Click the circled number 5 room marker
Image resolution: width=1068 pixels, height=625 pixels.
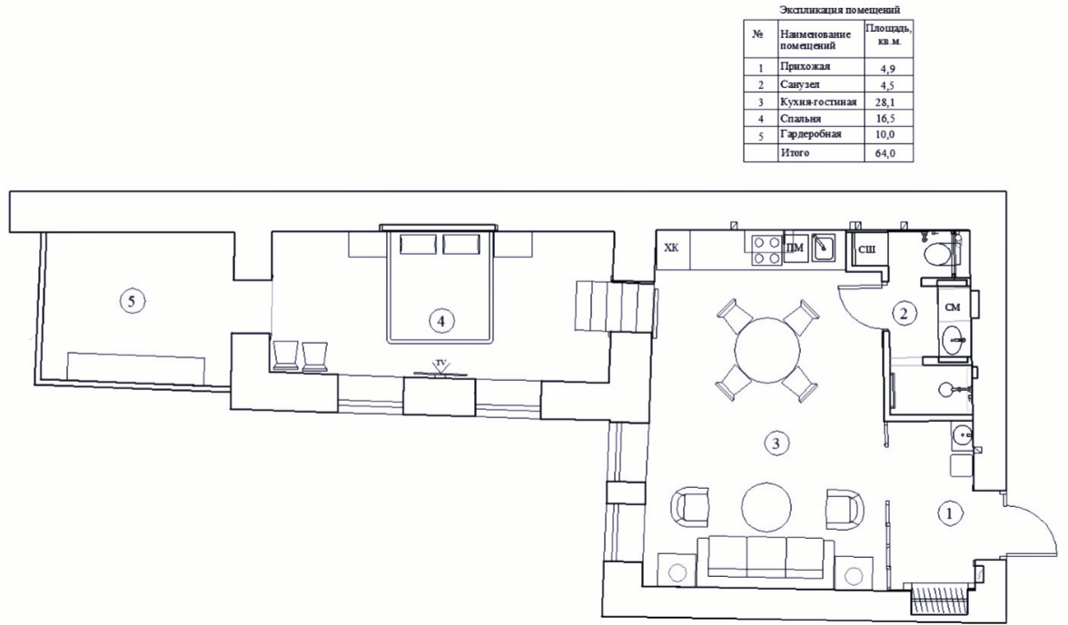point(133,300)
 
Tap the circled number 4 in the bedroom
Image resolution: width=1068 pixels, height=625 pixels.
point(441,320)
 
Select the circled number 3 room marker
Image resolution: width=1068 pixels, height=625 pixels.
point(776,444)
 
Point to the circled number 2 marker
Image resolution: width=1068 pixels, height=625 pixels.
point(904,314)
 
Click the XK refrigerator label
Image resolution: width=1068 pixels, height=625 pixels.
point(672,248)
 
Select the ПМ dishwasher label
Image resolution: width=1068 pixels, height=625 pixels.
point(795,249)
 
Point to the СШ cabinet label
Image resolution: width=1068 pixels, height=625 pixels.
point(866,249)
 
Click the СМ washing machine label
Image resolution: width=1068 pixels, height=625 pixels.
point(952,308)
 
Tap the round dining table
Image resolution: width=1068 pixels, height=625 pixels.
point(766,349)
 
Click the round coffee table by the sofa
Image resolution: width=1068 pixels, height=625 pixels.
point(766,507)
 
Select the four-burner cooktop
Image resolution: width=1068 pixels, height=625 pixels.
point(766,249)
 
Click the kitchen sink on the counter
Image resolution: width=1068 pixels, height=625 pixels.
point(823,249)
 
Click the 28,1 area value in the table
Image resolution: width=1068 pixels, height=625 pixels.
point(885,103)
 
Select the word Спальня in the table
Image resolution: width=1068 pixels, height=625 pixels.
point(801,118)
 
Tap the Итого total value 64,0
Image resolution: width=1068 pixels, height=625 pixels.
point(885,153)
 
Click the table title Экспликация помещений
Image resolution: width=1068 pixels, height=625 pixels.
point(840,10)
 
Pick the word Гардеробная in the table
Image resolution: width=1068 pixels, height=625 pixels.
point(810,134)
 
